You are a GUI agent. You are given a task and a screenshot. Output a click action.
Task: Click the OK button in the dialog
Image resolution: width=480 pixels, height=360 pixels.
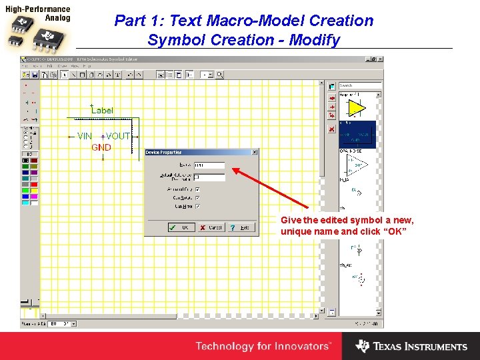coord(181,227)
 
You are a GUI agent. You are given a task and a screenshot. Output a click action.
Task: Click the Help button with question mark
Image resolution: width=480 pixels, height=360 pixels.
coord(242,227)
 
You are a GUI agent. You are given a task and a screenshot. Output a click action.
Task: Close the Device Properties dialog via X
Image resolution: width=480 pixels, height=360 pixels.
coord(254,153)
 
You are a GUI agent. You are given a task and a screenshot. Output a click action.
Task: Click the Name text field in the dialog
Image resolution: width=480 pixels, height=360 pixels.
coord(209,166)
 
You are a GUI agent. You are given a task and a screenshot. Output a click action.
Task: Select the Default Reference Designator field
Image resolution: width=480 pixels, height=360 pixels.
coord(209,177)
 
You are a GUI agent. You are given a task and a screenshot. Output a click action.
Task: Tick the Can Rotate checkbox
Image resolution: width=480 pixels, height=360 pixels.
coord(198,198)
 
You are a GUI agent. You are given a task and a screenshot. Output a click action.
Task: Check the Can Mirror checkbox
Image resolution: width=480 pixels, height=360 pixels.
coord(198,207)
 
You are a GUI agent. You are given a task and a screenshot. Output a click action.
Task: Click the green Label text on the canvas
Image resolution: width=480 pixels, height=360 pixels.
coord(102,110)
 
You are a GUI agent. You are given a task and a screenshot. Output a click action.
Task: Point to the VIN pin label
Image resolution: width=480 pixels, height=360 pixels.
coord(85,136)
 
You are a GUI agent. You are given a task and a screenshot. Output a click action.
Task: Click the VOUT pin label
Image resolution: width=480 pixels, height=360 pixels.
coord(118,136)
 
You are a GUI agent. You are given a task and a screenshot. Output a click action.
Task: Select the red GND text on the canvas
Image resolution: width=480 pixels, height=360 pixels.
coord(101,147)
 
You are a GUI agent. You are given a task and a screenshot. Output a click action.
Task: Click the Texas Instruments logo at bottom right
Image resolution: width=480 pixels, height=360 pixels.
coord(411,346)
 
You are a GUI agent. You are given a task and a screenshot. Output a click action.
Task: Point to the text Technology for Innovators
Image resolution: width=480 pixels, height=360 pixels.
coord(263,346)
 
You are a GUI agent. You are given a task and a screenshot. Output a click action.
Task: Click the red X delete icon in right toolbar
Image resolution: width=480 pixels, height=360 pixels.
coord(331,129)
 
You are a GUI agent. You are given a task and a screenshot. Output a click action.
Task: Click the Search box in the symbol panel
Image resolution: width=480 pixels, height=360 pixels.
coord(360,86)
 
